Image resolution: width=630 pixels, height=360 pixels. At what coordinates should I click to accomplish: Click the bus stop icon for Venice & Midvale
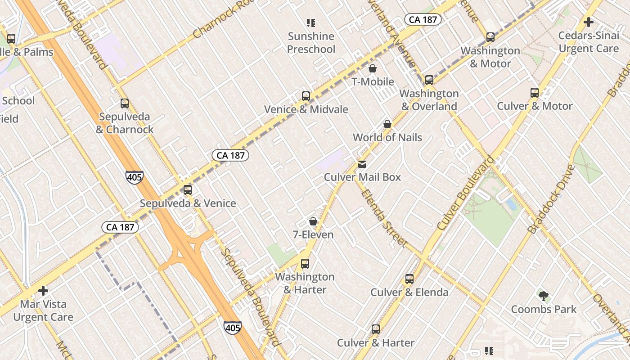click(306, 96)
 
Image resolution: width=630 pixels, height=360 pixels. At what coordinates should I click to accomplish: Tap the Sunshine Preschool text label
click(311, 43)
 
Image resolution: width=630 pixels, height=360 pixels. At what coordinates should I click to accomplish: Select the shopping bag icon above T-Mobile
click(373, 68)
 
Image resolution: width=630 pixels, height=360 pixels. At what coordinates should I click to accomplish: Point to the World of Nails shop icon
click(387, 124)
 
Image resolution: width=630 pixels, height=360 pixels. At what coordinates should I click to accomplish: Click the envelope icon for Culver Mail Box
click(362, 164)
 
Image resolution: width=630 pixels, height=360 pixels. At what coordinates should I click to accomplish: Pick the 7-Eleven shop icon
click(313, 221)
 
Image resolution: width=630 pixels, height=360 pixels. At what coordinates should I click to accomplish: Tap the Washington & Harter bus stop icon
click(305, 264)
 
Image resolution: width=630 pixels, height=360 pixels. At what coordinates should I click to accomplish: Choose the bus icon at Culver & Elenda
click(409, 279)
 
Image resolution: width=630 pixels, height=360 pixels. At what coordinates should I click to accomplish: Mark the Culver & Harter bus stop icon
click(376, 329)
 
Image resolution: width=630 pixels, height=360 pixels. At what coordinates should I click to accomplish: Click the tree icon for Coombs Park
click(544, 296)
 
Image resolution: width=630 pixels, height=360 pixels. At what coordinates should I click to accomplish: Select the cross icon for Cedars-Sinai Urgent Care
click(589, 22)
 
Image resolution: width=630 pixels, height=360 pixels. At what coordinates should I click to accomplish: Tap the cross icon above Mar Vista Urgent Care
click(43, 291)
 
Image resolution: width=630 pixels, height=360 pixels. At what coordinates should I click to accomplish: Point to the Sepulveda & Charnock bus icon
click(125, 103)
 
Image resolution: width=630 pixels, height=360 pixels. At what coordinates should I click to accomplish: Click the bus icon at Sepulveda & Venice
click(188, 190)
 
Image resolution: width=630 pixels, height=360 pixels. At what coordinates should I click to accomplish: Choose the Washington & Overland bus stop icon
click(429, 80)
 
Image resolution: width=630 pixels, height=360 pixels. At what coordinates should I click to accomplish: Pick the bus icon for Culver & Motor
click(535, 93)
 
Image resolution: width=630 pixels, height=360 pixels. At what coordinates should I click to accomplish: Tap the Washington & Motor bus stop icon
click(490, 37)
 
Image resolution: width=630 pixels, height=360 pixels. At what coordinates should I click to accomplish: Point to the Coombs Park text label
click(544, 310)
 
